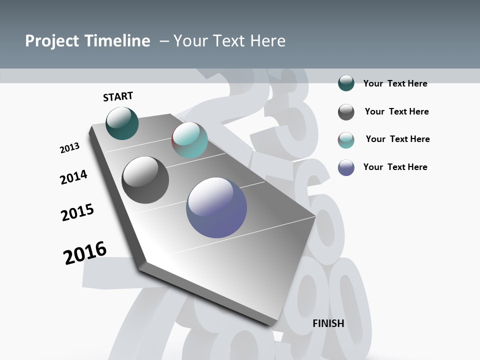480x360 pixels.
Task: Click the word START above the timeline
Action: pyautogui.click(x=118, y=96)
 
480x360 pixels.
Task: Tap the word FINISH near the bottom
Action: pyautogui.click(x=328, y=323)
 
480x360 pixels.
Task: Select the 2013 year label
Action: pyautogui.click(x=69, y=148)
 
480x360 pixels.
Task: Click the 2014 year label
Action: pyautogui.click(x=73, y=177)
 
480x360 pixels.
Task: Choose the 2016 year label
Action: pyautogui.click(x=85, y=253)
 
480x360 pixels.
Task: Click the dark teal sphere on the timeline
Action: pyautogui.click(x=122, y=123)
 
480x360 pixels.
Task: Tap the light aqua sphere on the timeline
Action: pyautogui.click(x=189, y=140)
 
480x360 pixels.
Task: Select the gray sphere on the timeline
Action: pyautogui.click(x=145, y=180)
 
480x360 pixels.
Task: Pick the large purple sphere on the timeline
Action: pyautogui.click(x=216, y=207)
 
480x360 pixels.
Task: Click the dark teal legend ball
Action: pyautogui.click(x=346, y=83)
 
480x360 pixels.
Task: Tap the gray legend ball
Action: pyautogui.click(x=346, y=112)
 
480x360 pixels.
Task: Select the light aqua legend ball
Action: pyautogui.click(x=346, y=140)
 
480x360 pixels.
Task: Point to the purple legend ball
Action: pyautogui.click(x=346, y=167)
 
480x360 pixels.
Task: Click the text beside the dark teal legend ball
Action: pyautogui.click(x=395, y=83)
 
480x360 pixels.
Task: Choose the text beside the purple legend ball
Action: pyautogui.click(x=395, y=167)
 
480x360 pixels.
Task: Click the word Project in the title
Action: pyautogui.click(x=52, y=41)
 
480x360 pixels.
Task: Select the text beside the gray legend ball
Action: pyautogui.click(x=396, y=111)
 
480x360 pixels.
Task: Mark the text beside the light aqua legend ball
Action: pyautogui.click(x=397, y=139)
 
